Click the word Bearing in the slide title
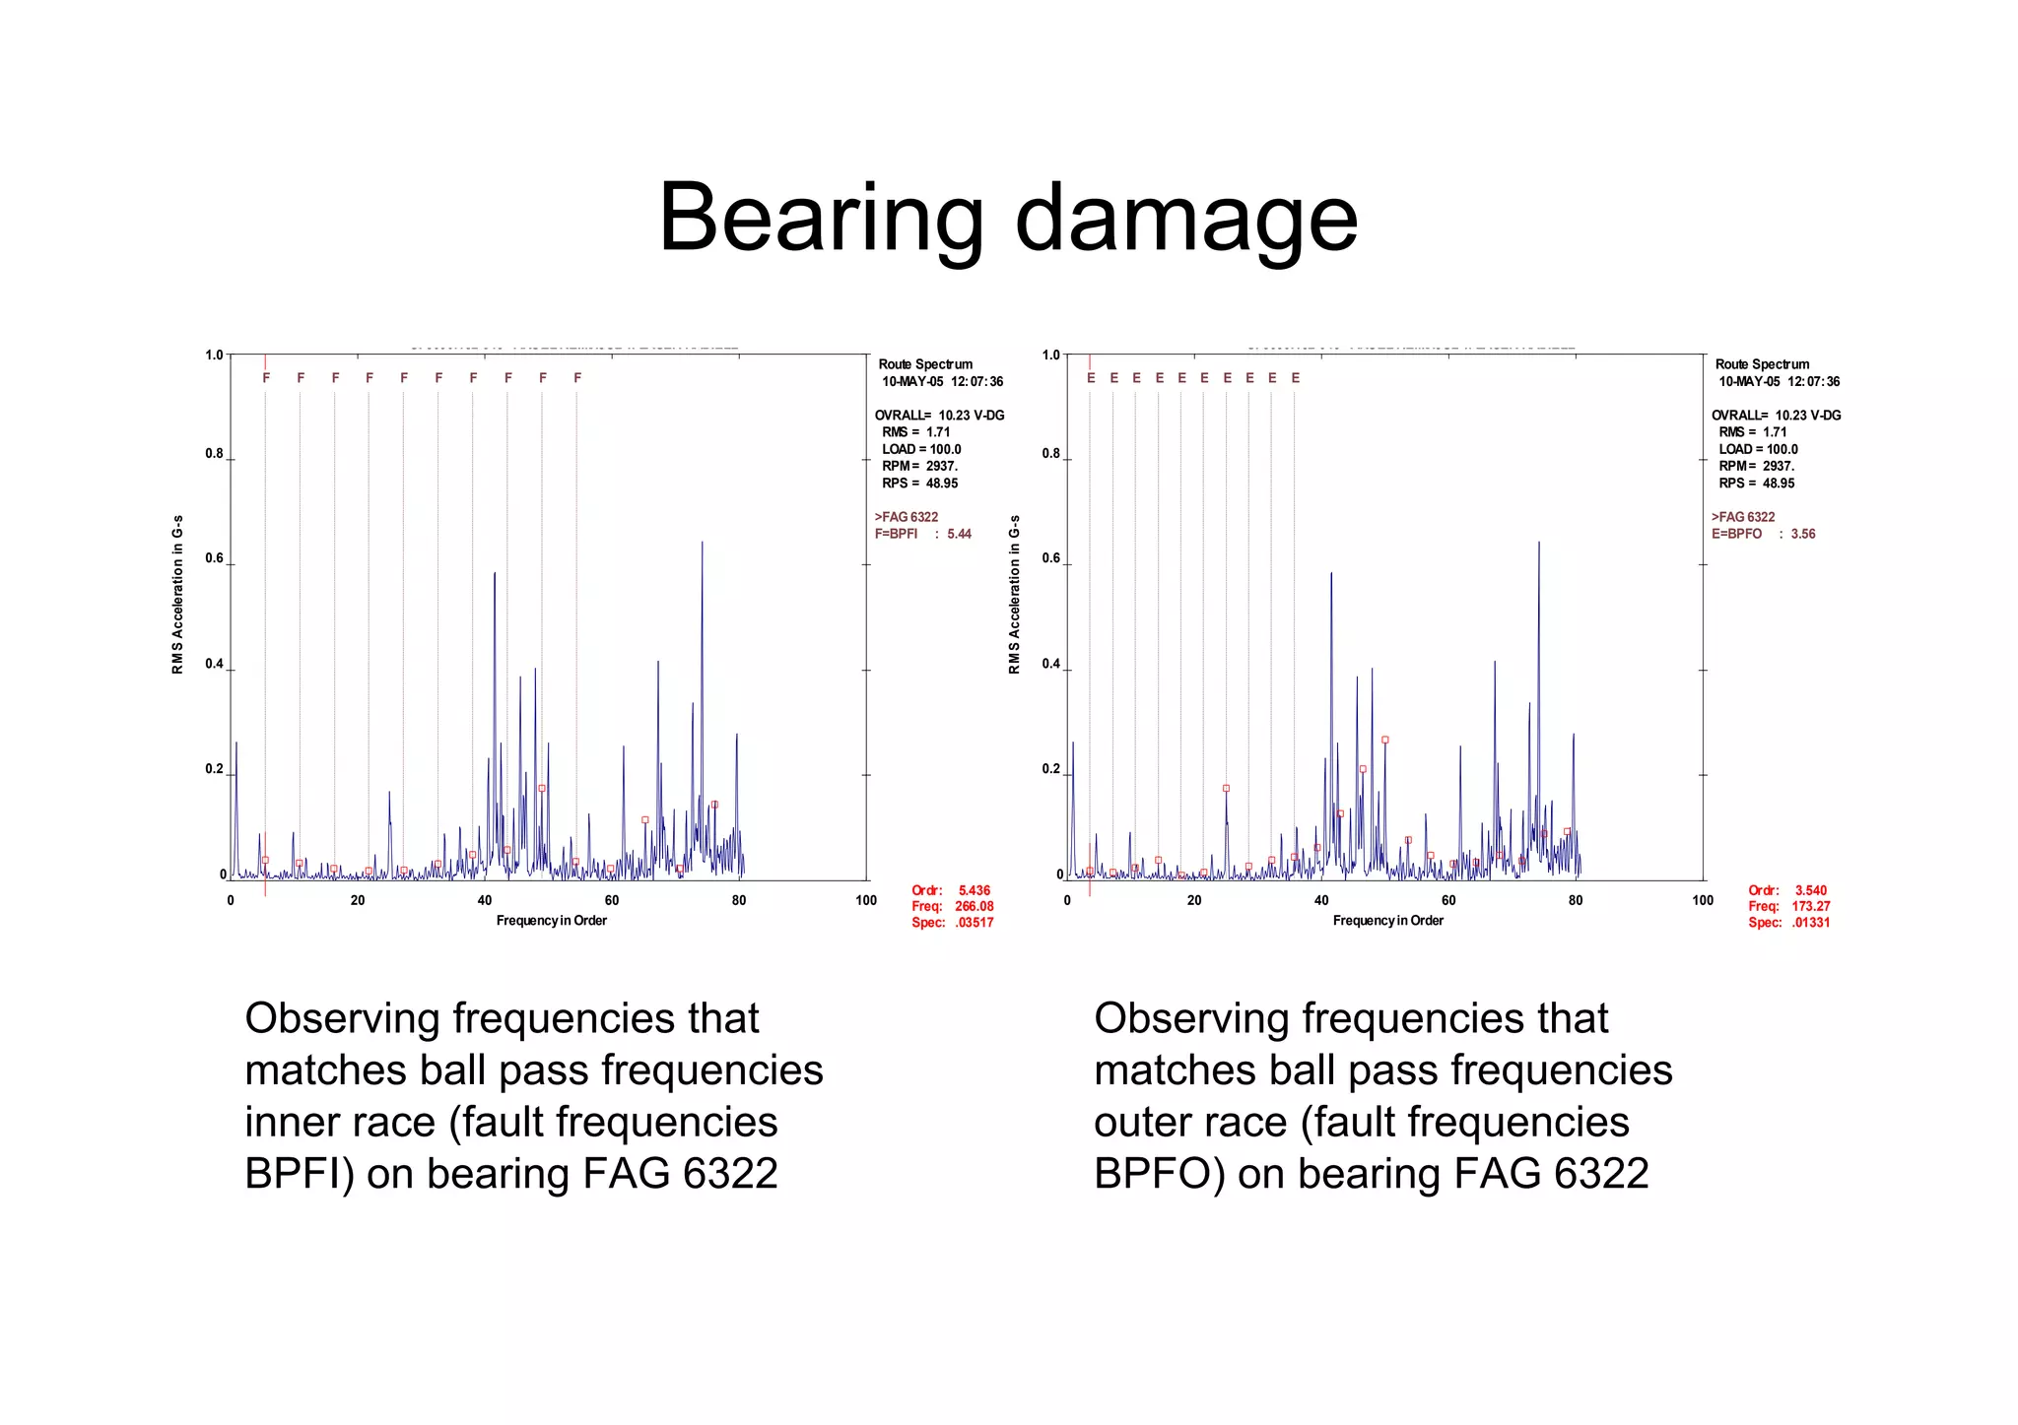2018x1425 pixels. (821, 219)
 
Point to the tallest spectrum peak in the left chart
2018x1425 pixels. (702, 544)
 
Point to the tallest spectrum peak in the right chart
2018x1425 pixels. (1538, 544)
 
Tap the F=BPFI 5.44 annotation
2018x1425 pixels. (922, 534)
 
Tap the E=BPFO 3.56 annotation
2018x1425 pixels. (1763, 534)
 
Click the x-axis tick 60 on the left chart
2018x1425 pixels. (612, 900)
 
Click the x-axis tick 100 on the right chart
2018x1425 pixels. (1703, 900)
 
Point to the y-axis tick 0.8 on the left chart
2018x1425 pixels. (215, 454)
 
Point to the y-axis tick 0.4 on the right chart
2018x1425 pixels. (1051, 664)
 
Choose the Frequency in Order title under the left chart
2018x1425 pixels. (551, 921)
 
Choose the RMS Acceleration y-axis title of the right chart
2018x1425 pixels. (1014, 595)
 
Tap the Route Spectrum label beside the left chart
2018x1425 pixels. (925, 364)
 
